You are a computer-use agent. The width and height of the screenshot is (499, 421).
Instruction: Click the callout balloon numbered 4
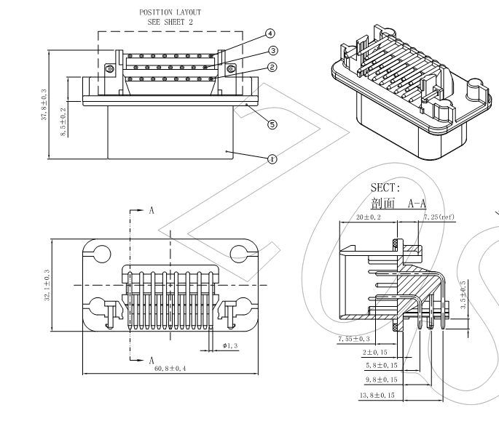coord(270,33)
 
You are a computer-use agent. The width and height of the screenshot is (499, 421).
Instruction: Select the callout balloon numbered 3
coord(272,51)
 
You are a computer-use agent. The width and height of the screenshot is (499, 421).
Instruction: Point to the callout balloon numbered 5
coord(272,124)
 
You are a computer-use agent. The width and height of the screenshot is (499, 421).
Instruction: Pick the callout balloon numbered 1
coord(272,158)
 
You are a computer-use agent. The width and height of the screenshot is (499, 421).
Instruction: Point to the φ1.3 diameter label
coord(230,345)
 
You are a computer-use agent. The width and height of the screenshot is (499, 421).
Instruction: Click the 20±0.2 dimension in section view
coord(370,217)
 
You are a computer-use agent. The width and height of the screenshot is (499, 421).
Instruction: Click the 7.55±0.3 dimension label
coord(353,339)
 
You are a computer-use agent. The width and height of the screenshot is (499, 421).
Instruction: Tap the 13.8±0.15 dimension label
coord(378,395)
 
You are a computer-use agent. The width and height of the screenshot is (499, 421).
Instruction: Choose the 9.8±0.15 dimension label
coord(381,380)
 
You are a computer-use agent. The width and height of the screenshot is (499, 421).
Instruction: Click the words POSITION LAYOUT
coord(170,12)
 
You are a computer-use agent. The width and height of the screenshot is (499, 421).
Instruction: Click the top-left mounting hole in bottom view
coord(101,254)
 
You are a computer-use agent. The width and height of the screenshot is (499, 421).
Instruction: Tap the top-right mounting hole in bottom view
coord(240,254)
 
